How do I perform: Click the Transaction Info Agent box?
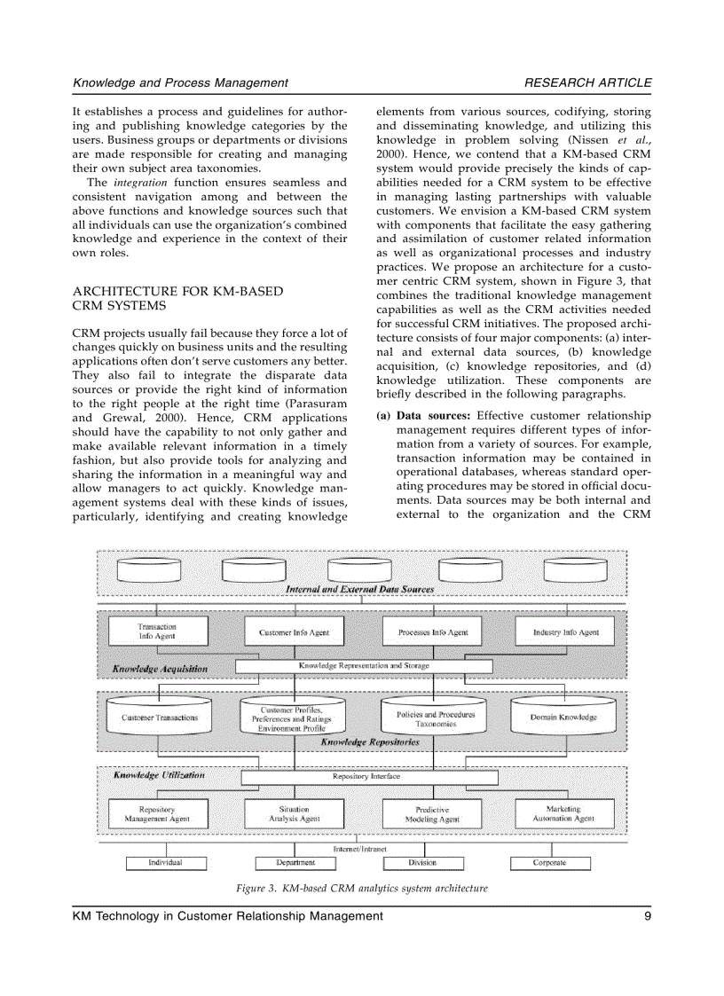(x=157, y=631)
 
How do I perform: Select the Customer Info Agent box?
(x=294, y=632)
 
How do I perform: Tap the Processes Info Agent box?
(x=433, y=632)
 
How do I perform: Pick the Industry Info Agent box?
(x=565, y=632)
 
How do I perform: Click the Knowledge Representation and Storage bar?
(x=364, y=665)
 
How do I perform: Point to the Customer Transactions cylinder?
(x=160, y=717)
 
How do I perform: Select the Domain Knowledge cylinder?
(x=563, y=717)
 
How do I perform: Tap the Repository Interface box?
(x=366, y=776)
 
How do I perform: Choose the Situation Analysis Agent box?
(x=294, y=813)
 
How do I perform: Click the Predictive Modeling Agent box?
(x=432, y=814)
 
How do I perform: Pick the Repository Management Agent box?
(x=157, y=813)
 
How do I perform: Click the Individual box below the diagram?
(x=165, y=862)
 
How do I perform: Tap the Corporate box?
(x=549, y=862)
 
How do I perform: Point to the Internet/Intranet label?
(x=359, y=848)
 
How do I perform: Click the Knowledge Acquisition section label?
(x=160, y=668)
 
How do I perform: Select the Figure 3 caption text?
(x=361, y=887)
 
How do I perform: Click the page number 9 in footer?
(x=648, y=916)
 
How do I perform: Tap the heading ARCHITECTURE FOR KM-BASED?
(x=177, y=291)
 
